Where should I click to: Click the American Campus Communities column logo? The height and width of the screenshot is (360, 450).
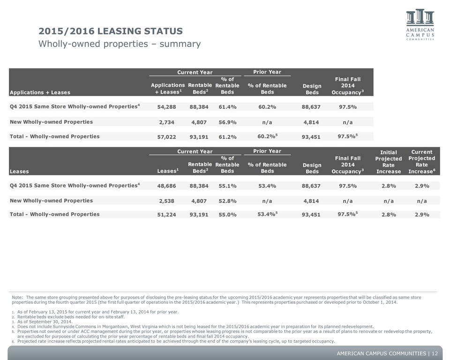[x=420, y=17]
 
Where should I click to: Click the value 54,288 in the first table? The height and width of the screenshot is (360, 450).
[x=166, y=107]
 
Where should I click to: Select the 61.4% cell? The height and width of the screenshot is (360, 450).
[x=228, y=107]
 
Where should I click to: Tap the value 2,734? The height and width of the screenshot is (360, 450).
[x=166, y=122]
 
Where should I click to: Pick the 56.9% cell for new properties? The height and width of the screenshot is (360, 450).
[x=228, y=122]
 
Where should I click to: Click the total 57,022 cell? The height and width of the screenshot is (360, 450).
[x=166, y=137]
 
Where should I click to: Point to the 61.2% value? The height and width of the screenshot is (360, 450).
[x=228, y=137]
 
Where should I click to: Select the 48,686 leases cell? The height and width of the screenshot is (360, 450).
[x=166, y=186]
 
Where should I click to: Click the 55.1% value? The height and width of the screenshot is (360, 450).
[x=228, y=186]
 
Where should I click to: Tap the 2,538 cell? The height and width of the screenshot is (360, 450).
[x=166, y=201]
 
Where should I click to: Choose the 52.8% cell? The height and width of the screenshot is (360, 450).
[x=228, y=201]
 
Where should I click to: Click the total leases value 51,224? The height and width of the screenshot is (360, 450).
[x=166, y=215]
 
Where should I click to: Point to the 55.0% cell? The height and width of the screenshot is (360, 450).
[x=228, y=215]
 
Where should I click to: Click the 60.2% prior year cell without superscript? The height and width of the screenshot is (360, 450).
[x=267, y=107]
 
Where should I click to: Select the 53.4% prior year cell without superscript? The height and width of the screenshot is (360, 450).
[x=267, y=186]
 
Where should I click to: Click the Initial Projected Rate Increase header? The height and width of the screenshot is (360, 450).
[x=389, y=162]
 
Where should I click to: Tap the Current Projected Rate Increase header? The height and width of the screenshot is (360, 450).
[x=422, y=162]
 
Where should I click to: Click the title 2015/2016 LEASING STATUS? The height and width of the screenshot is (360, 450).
[x=111, y=31]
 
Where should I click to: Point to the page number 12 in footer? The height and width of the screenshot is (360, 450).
[x=435, y=353]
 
